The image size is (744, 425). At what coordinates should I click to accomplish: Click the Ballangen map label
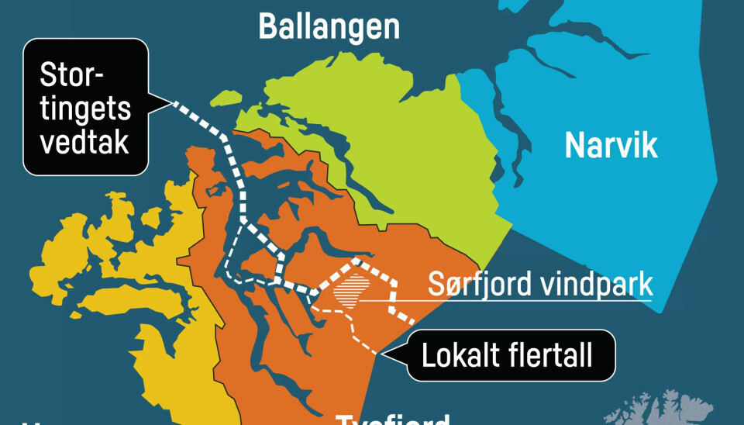tap(329, 26)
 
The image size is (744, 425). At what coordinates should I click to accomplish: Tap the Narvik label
tap(611, 145)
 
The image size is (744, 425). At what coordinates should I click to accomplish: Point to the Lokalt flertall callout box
tap(507, 356)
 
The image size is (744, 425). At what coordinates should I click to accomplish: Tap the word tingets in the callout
tap(85, 109)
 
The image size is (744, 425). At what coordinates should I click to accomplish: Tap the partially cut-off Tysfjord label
tap(392, 419)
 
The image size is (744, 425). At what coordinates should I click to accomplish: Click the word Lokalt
tap(456, 356)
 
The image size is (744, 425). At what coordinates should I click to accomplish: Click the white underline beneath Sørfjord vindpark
tap(542, 300)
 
